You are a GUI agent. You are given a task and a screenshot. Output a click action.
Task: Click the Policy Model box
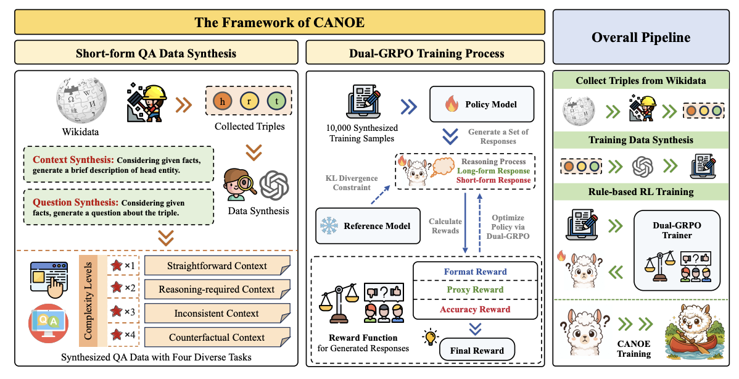pos(482,104)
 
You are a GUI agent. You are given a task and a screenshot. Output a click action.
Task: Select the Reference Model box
pos(368,226)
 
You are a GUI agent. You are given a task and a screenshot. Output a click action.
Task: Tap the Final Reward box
pos(476,351)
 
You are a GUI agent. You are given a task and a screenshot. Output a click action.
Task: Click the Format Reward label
pos(475,272)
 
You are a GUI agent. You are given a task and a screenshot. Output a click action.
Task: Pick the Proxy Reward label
pos(475,290)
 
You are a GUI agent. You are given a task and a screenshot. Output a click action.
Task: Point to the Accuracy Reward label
pos(475,309)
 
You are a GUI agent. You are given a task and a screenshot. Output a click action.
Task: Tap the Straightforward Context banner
pos(217,266)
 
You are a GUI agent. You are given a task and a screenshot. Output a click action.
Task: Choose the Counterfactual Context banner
pos(217,338)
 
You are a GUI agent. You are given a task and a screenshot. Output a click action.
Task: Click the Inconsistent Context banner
pos(217,314)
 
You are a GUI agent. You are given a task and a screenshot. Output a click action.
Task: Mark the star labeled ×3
pos(117,311)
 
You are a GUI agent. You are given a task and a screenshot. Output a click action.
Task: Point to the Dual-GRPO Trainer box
pos(677,249)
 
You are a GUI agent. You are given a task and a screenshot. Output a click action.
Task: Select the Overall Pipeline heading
pos(641,37)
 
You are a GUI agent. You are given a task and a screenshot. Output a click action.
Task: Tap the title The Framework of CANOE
pos(279,23)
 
